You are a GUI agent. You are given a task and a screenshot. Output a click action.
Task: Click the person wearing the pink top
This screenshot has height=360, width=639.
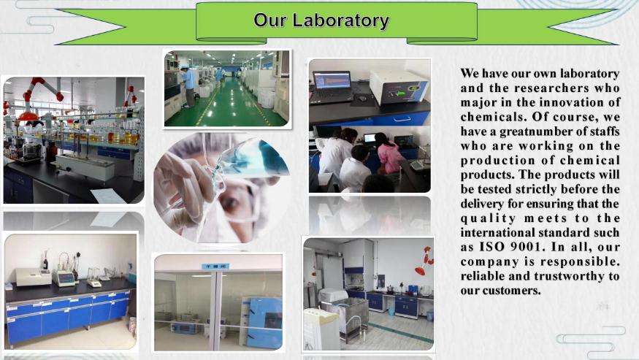[x=388, y=153]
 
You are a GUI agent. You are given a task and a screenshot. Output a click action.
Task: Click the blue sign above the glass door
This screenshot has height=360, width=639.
[x=215, y=267]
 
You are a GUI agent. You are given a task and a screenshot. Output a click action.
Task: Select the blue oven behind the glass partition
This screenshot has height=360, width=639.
[x=261, y=322]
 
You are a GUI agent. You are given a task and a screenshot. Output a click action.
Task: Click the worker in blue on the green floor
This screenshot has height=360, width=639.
[x=189, y=86]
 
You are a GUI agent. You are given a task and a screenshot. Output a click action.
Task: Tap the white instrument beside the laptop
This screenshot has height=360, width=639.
[x=398, y=86]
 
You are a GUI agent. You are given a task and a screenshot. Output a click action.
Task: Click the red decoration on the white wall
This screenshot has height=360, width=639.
[x=424, y=261]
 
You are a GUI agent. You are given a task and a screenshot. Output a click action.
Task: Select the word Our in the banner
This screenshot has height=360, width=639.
[x=269, y=20]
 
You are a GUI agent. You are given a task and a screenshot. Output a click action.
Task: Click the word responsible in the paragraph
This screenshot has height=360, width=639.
[x=581, y=261]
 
